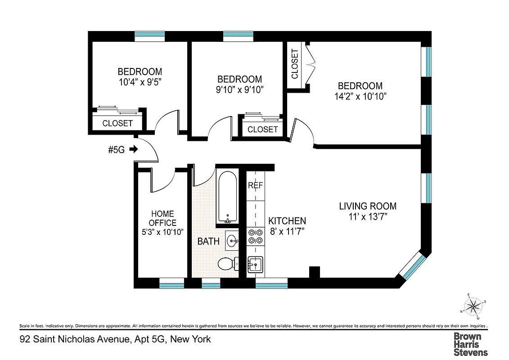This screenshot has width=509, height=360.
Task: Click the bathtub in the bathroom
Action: pos(228,197)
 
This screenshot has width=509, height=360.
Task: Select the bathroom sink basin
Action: pos(232,240)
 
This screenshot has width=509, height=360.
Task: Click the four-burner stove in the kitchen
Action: pos(255,237)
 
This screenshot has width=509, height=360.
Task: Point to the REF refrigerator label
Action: pos(255,185)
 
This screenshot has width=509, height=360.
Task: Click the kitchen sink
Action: pos(255,264)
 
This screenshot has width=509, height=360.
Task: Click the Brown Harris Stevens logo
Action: pos(470,344)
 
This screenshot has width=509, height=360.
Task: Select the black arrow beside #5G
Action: pos(133,149)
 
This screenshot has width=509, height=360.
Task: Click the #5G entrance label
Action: pos(117,149)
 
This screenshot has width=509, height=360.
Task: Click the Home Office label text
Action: pos(162,218)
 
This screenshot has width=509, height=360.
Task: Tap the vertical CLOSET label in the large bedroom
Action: pos(295,64)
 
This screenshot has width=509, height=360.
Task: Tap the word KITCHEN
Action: pos(287,221)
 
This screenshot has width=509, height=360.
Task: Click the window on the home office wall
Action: pos(172,283)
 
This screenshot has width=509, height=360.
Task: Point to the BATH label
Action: pos(208,241)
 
